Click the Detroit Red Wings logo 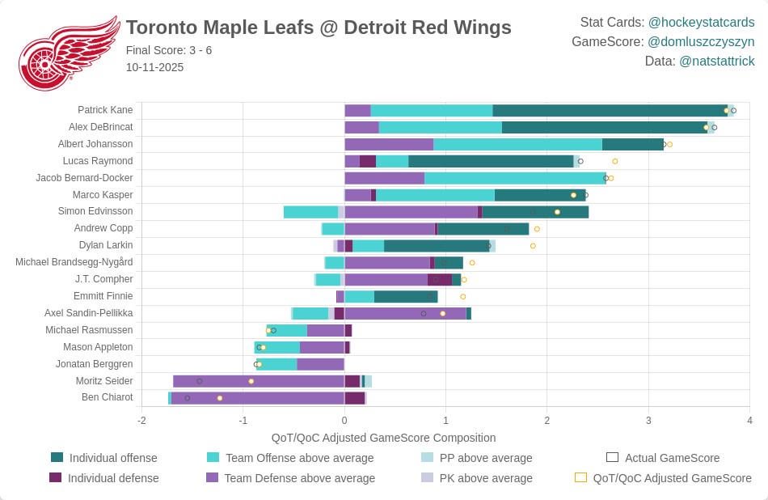point(69,53)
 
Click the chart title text point(319,28)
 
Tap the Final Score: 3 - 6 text point(169,50)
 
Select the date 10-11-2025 point(154,67)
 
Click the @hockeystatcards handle point(701,22)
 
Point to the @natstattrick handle point(716,61)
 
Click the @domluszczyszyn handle point(701,41)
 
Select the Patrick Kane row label point(105,110)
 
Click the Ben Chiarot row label point(107,397)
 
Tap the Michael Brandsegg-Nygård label point(74,262)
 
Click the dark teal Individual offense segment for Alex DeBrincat point(604,127)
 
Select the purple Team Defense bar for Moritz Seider point(259,381)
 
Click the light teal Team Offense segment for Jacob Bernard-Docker point(514,178)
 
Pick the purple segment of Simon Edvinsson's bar point(411,212)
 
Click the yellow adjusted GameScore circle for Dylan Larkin point(533,246)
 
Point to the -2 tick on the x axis point(141,420)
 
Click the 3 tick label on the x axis point(648,420)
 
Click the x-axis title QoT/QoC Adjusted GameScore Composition point(383,438)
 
